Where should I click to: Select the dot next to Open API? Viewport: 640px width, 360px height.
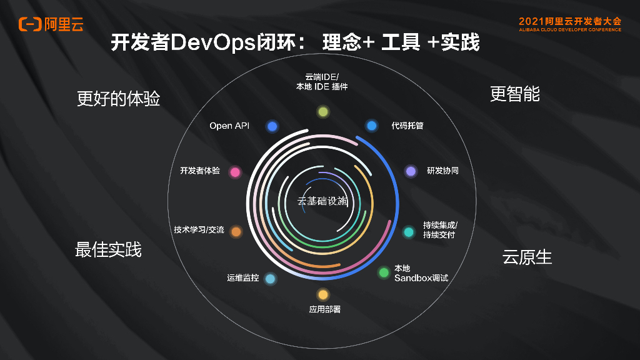pos(272,126)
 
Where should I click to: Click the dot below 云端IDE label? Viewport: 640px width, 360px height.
pos(322,112)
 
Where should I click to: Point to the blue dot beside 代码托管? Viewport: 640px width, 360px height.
pos(372,126)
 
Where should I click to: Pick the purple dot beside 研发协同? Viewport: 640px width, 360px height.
pos(411,171)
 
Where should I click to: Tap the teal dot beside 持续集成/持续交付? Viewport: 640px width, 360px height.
pos(409,232)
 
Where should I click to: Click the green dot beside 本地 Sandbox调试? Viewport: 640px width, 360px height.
pos(384,272)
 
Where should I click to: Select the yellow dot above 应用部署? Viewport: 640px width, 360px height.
pos(322,294)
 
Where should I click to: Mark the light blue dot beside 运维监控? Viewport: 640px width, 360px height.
pos(270,279)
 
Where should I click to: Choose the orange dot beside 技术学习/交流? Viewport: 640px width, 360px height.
pos(236,232)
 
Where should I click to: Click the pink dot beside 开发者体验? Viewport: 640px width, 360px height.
pos(235,172)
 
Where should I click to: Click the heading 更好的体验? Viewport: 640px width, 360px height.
pos(118,99)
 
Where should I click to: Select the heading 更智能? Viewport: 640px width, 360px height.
pos(515,94)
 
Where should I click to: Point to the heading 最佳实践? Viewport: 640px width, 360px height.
pos(108,249)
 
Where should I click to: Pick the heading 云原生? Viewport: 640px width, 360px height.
pos(527,257)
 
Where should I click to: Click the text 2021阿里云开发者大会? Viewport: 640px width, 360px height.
pos(570,21)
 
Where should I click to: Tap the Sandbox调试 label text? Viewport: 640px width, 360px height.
pos(421,278)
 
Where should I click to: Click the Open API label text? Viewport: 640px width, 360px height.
pos(229,126)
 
